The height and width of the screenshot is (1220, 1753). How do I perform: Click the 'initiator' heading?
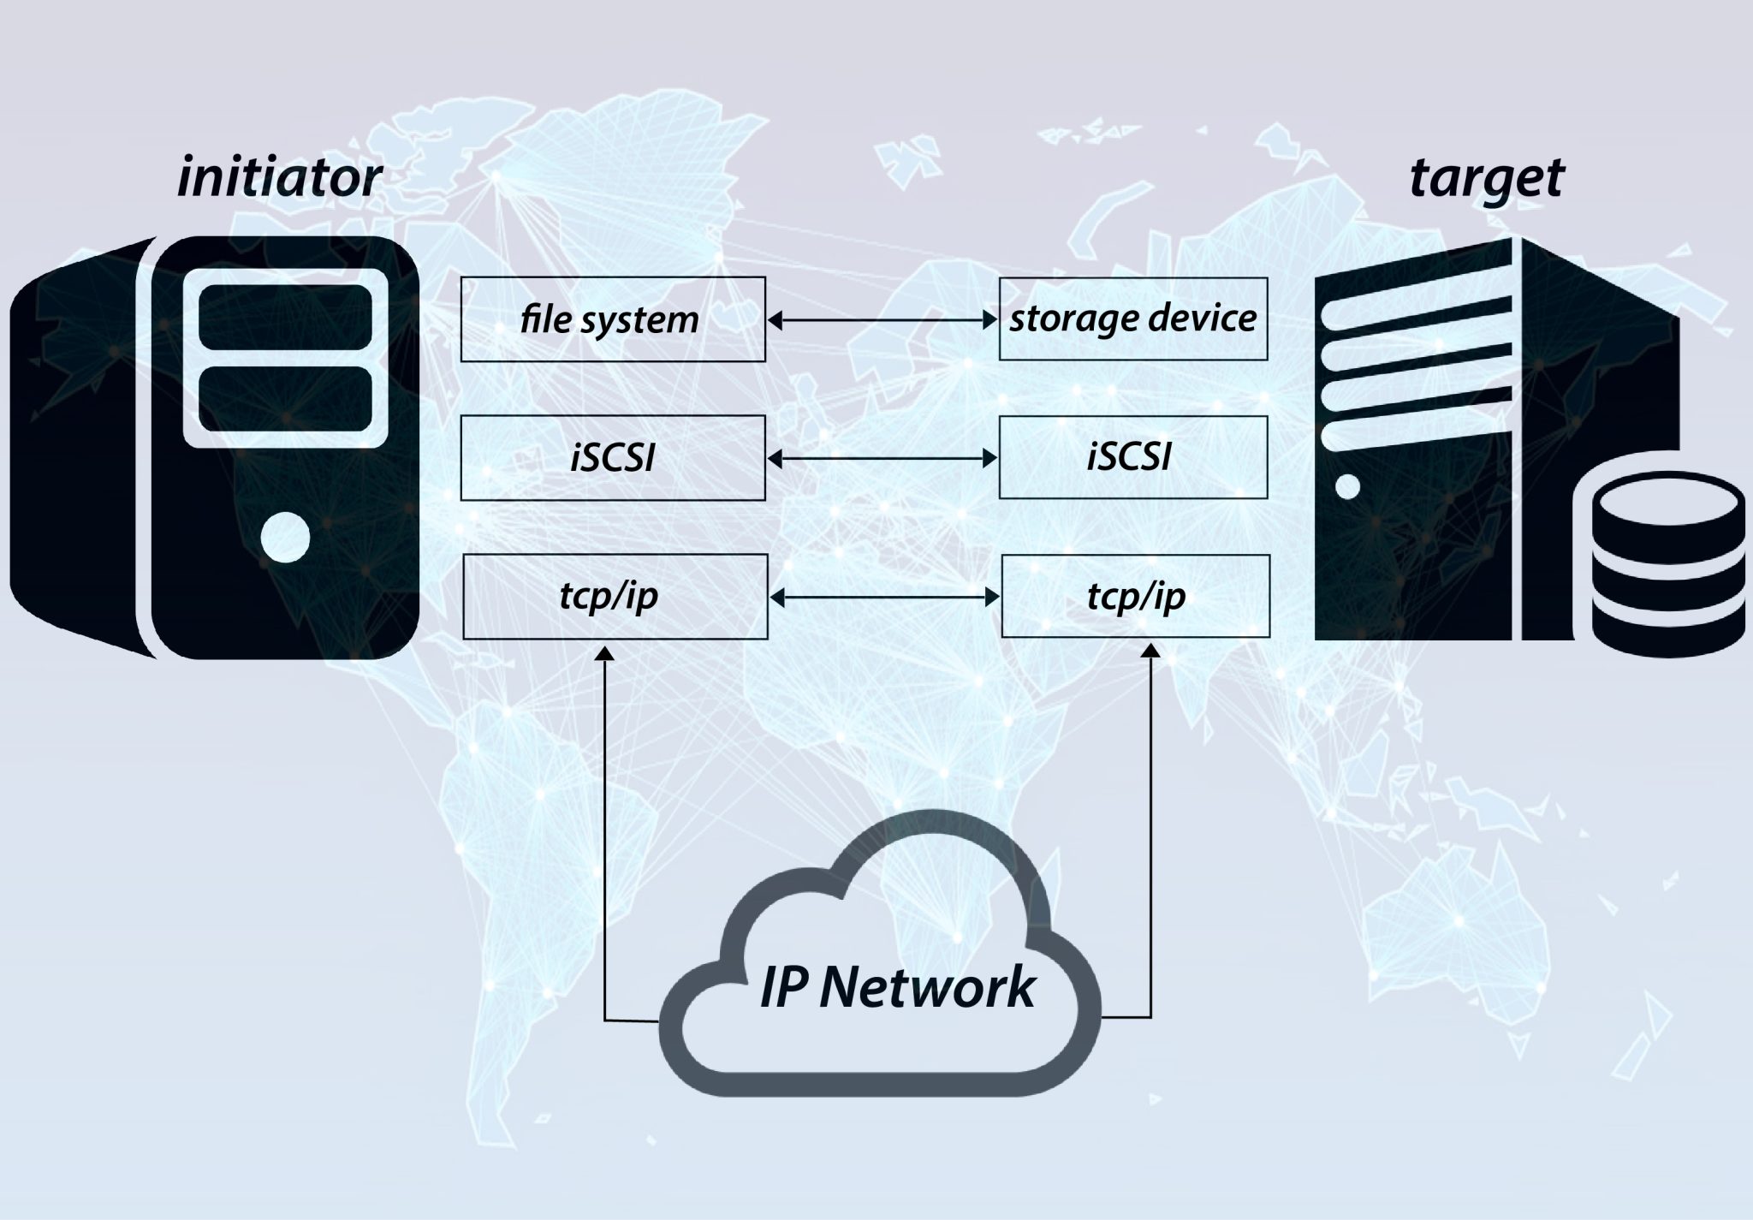pyautogui.click(x=279, y=178)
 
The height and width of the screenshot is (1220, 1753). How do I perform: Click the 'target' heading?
pyautogui.click(x=1486, y=178)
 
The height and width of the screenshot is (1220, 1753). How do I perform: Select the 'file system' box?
pyautogui.click(x=613, y=319)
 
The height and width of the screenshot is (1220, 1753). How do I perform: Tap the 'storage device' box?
pyautogui.click(x=1133, y=318)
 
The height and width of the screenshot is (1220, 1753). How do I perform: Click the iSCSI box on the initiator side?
pyautogui.click(x=613, y=458)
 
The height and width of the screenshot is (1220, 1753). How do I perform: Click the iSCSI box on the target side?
pyautogui.click(x=1133, y=457)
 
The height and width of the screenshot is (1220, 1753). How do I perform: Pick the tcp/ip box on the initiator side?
pyautogui.click(x=615, y=596)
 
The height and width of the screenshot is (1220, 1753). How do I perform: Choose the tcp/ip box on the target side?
pyautogui.click(x=1135, y=596)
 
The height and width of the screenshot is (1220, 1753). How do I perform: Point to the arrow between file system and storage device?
pyautogui.click(x=882, y=320)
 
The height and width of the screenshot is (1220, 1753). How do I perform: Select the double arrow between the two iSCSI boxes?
pyautogui.click(x=882, y=459)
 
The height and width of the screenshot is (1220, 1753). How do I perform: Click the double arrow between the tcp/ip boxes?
pyautogui.click(x=884, y=597)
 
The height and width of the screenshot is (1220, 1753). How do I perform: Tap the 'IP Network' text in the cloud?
pyautogui.click(x=898, y=987)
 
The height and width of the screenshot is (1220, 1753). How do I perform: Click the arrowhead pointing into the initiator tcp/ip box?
pyautogui.click(x=605, y=653)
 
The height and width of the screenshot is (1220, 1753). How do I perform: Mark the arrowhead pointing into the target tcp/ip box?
pyautogui.click(x=1151, y=652)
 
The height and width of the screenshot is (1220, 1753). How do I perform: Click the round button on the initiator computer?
pyautogui.click(x=284, y=537)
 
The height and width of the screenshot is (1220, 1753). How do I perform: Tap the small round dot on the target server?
pyautogui.click(x=1346, y=486)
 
